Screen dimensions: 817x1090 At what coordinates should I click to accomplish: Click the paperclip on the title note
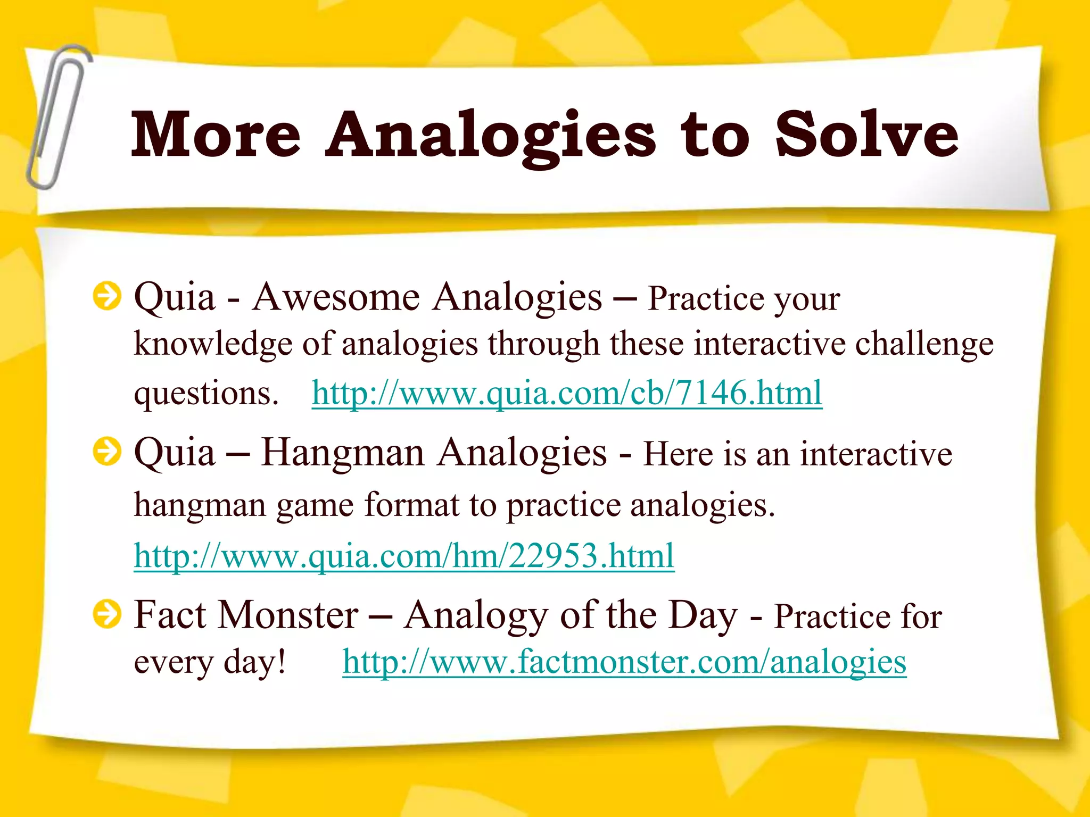coord(57,117)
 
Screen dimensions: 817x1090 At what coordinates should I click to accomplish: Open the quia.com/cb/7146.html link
coord(567,394)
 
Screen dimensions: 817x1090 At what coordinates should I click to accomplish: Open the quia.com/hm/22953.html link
coord(404,556)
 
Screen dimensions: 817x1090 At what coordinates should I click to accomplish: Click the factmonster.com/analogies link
coord(624,662)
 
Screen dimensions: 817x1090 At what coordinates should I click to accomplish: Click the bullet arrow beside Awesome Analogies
coord(107,296)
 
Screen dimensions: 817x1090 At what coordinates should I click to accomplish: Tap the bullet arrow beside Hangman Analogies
coord(107,452)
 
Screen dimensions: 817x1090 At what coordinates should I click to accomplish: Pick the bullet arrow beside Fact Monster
coord(107,614)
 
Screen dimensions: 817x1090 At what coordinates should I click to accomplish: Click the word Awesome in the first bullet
coord(336,297)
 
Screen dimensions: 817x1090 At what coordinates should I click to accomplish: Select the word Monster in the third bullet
coord(289,615)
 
